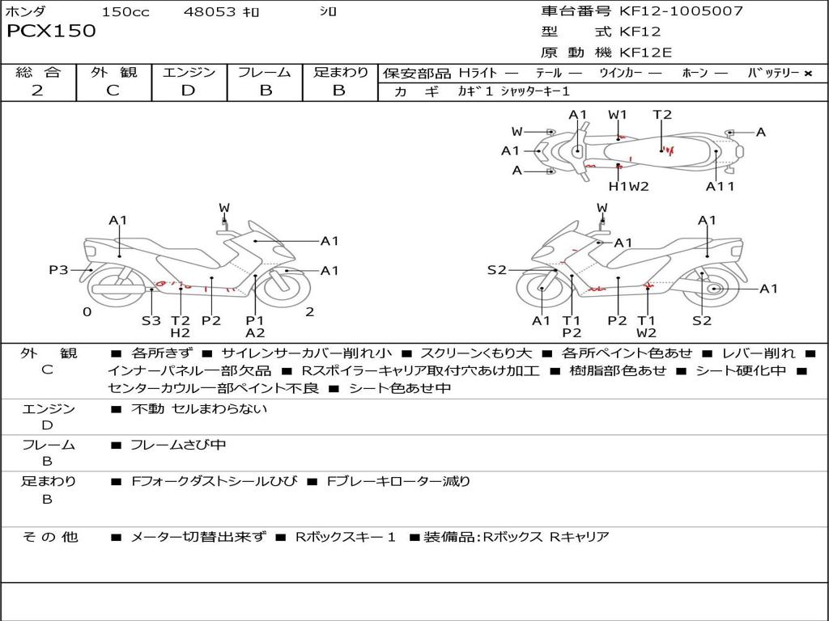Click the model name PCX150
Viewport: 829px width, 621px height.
51,31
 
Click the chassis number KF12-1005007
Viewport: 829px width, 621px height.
681,11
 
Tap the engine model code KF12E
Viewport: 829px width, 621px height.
645,53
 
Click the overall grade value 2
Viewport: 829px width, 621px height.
37,91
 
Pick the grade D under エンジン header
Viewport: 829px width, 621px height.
188,91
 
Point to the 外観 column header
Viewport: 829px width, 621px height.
113,72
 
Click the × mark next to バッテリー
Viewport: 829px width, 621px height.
808,74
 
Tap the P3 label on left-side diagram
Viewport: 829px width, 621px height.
58,270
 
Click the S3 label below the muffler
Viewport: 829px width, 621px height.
151,320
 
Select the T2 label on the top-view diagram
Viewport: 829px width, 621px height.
662,115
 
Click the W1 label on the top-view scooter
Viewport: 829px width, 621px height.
617,115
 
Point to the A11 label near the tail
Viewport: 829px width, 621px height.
720,186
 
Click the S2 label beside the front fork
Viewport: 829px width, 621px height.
496,270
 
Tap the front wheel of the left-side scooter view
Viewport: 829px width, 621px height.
287,288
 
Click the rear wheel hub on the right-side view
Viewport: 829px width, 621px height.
714,289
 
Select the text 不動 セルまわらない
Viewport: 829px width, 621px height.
199,408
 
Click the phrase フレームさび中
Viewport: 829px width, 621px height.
178,445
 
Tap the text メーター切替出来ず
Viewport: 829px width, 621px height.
198,537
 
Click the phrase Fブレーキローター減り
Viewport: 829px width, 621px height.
398,481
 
